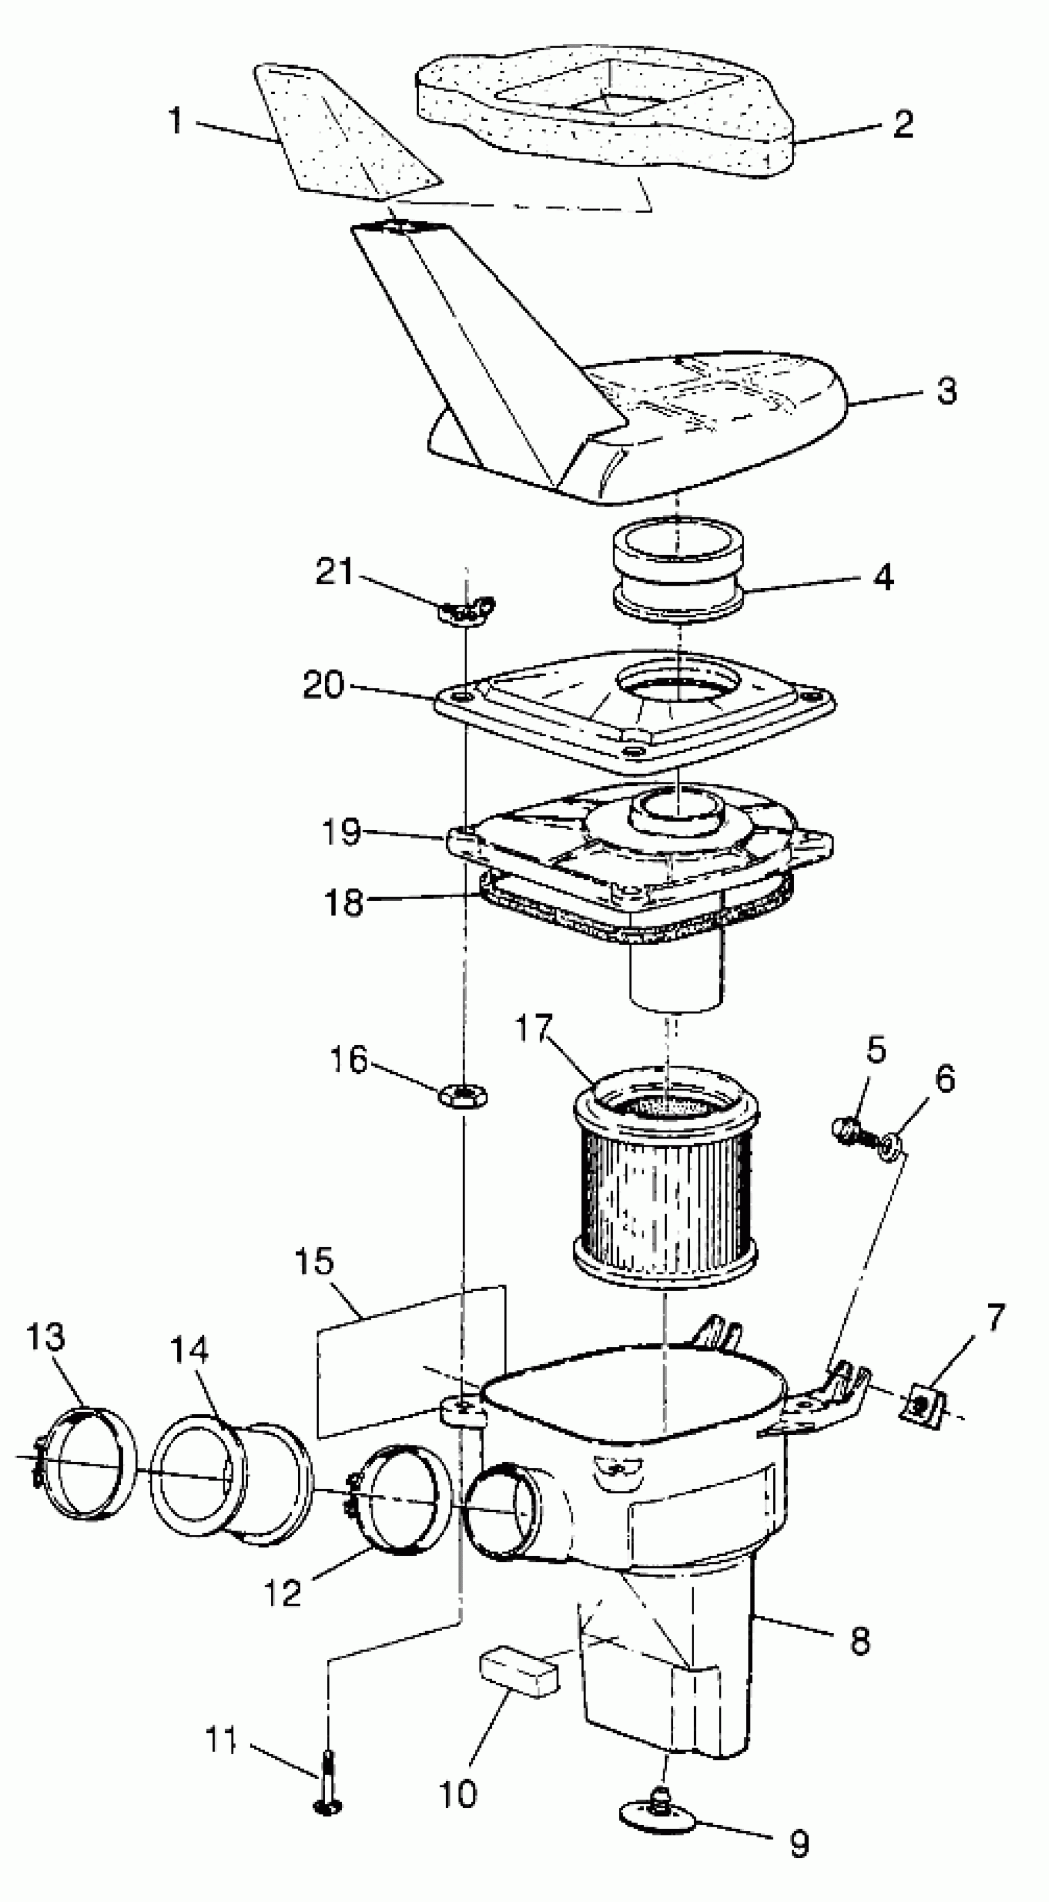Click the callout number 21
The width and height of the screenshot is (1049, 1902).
[x=336, y=571]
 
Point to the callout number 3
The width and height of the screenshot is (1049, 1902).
[x=947, y=391]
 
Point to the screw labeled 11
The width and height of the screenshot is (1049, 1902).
[x=328, y=1787]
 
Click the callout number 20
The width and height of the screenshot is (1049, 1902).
[x=323, y=685]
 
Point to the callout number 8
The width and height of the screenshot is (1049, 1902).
[x=860, y=1642]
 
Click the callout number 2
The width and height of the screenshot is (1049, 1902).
[x=903, y=123]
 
